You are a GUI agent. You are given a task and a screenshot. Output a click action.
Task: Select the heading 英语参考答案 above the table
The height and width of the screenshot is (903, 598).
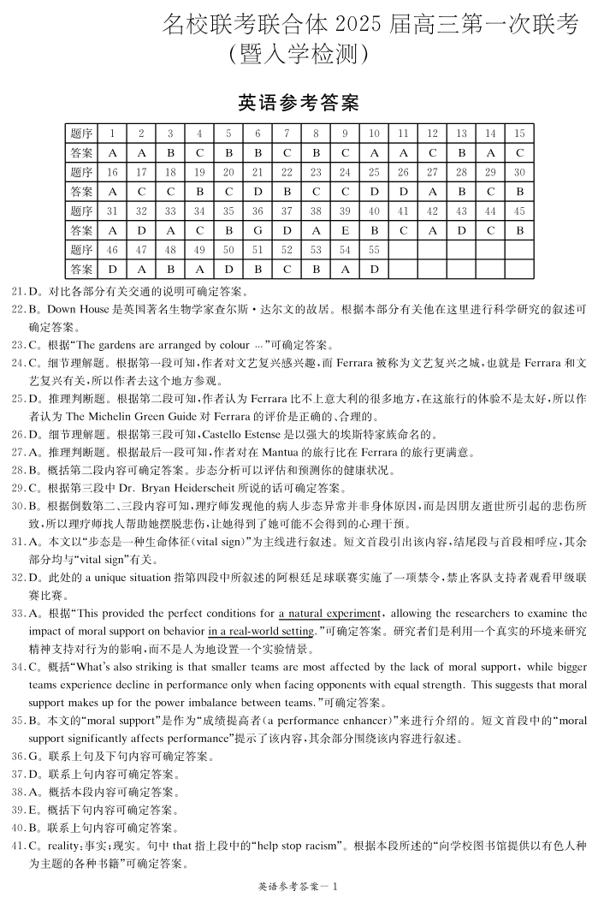tap(299, 104)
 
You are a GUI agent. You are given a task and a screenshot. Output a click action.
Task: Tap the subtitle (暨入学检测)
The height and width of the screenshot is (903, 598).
tap(299, 56)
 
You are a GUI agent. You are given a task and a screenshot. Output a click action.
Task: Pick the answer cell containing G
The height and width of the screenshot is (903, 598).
tap(258, 230)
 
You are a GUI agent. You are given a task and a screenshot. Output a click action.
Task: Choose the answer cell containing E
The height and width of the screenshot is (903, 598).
tap(345, 230)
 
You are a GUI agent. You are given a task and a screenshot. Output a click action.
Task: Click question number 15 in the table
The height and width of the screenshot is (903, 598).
tap(519, 133)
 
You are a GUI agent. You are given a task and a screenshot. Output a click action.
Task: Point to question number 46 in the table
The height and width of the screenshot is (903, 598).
tap(111, 250)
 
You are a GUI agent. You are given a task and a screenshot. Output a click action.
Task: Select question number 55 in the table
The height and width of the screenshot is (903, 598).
tap(374, 250)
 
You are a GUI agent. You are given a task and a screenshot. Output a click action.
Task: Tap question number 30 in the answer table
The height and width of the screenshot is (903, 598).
tap(519, 172)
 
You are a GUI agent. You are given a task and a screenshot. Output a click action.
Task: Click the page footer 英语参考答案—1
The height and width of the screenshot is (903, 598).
tap(299, 886)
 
